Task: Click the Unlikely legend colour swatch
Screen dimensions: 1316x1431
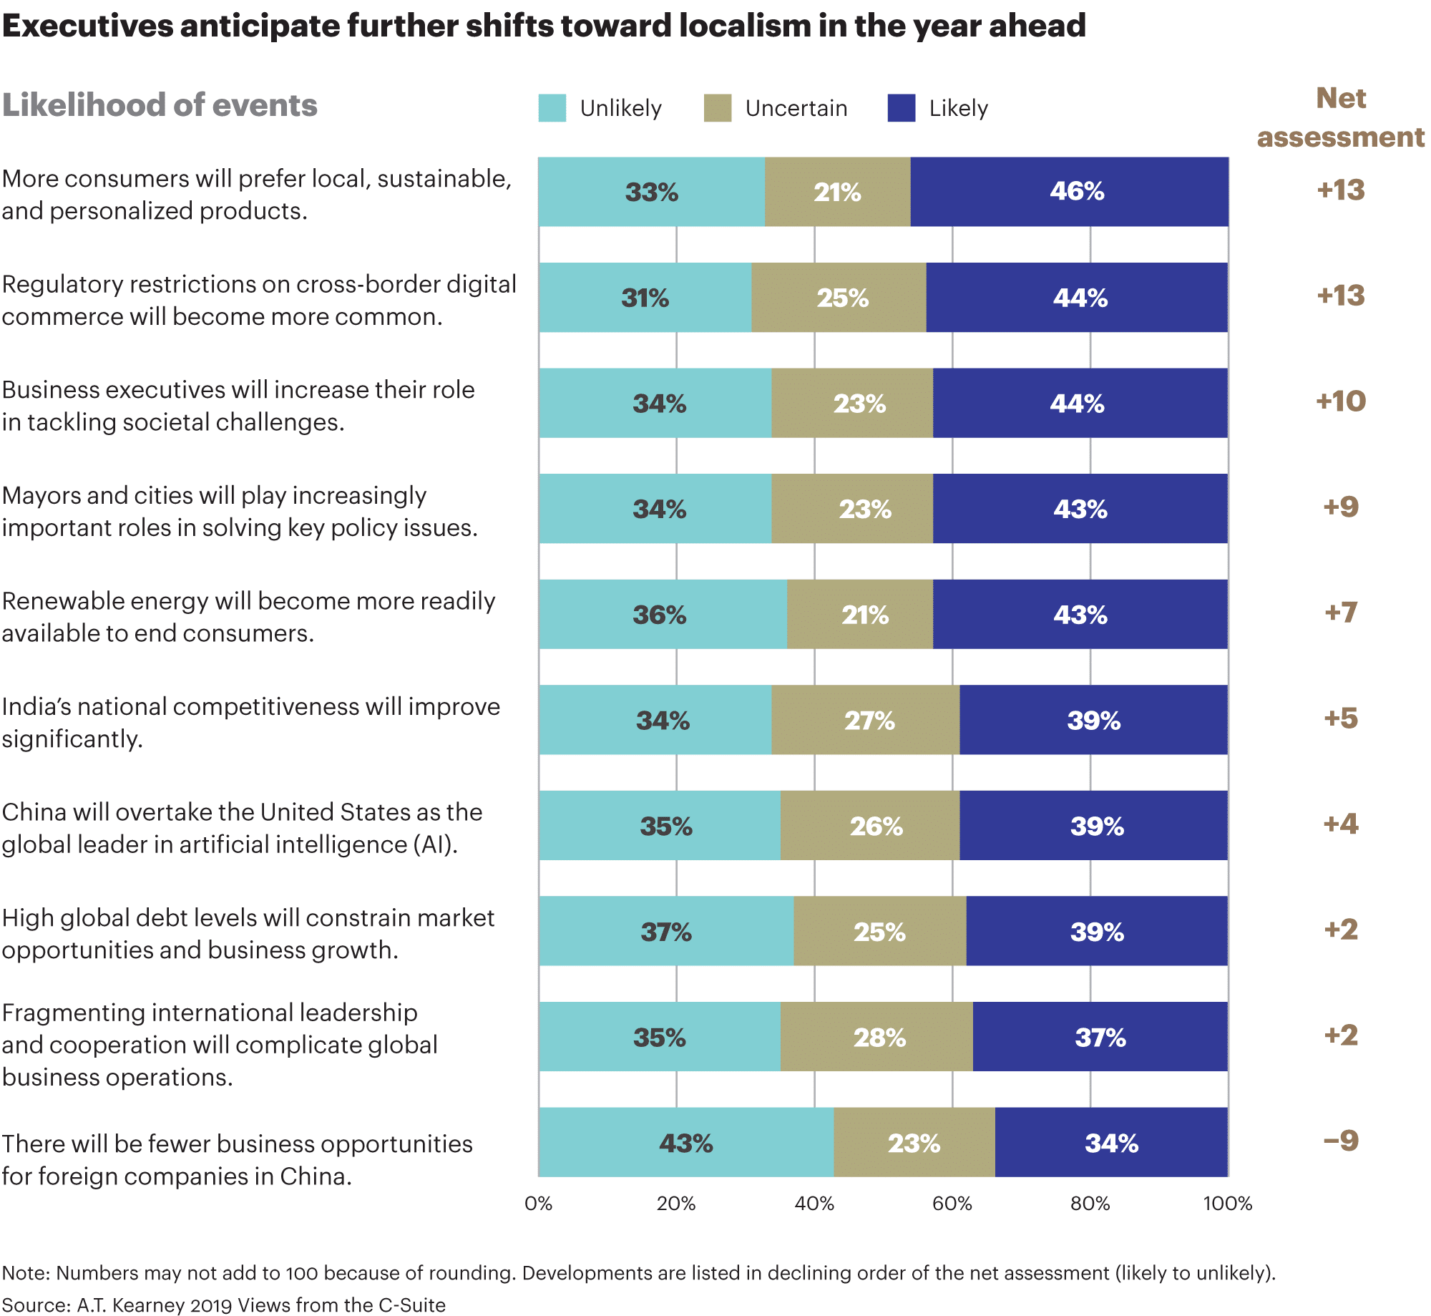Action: pyautogui.click(x=552, y=108)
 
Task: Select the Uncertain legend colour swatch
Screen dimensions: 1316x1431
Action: pyautogui.click(x=717, y=108)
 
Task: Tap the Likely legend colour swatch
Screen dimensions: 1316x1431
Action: pyautogui.click(x=901, y=108)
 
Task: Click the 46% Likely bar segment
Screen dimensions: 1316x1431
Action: pyautogui.click(x=1069, y=192)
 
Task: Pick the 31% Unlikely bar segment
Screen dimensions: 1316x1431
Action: pyautogui.click(x=645, y=298)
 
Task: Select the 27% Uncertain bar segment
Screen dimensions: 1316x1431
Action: pyautogui.click(x=865, y=720)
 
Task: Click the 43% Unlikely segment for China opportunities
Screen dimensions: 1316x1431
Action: pyautogui.click(x=685, y=1143)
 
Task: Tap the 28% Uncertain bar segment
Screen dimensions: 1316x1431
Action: pyautogui.click(x=876, y=1037)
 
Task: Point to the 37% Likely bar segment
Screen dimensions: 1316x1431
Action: pyautogui.click(x=1100, y=1037)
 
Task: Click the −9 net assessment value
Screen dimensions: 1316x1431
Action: pyautogui.click(x=1340, y=1141)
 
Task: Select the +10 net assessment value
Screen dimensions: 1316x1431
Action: pyautogui.click(x=1340, y=401)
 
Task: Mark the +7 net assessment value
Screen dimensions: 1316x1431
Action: pyautogui.click(x=1340, y=613)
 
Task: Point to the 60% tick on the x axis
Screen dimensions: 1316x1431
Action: pyautogui.click(x=952, y=1204)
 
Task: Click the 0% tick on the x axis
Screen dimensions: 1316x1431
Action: pyautogui.click(x=538, y=1204)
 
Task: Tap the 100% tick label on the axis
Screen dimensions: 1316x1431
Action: pyautogui.click(x=1227, y=1204)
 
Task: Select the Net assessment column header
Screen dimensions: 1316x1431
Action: pyautogui.click(x=1340, y=117)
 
